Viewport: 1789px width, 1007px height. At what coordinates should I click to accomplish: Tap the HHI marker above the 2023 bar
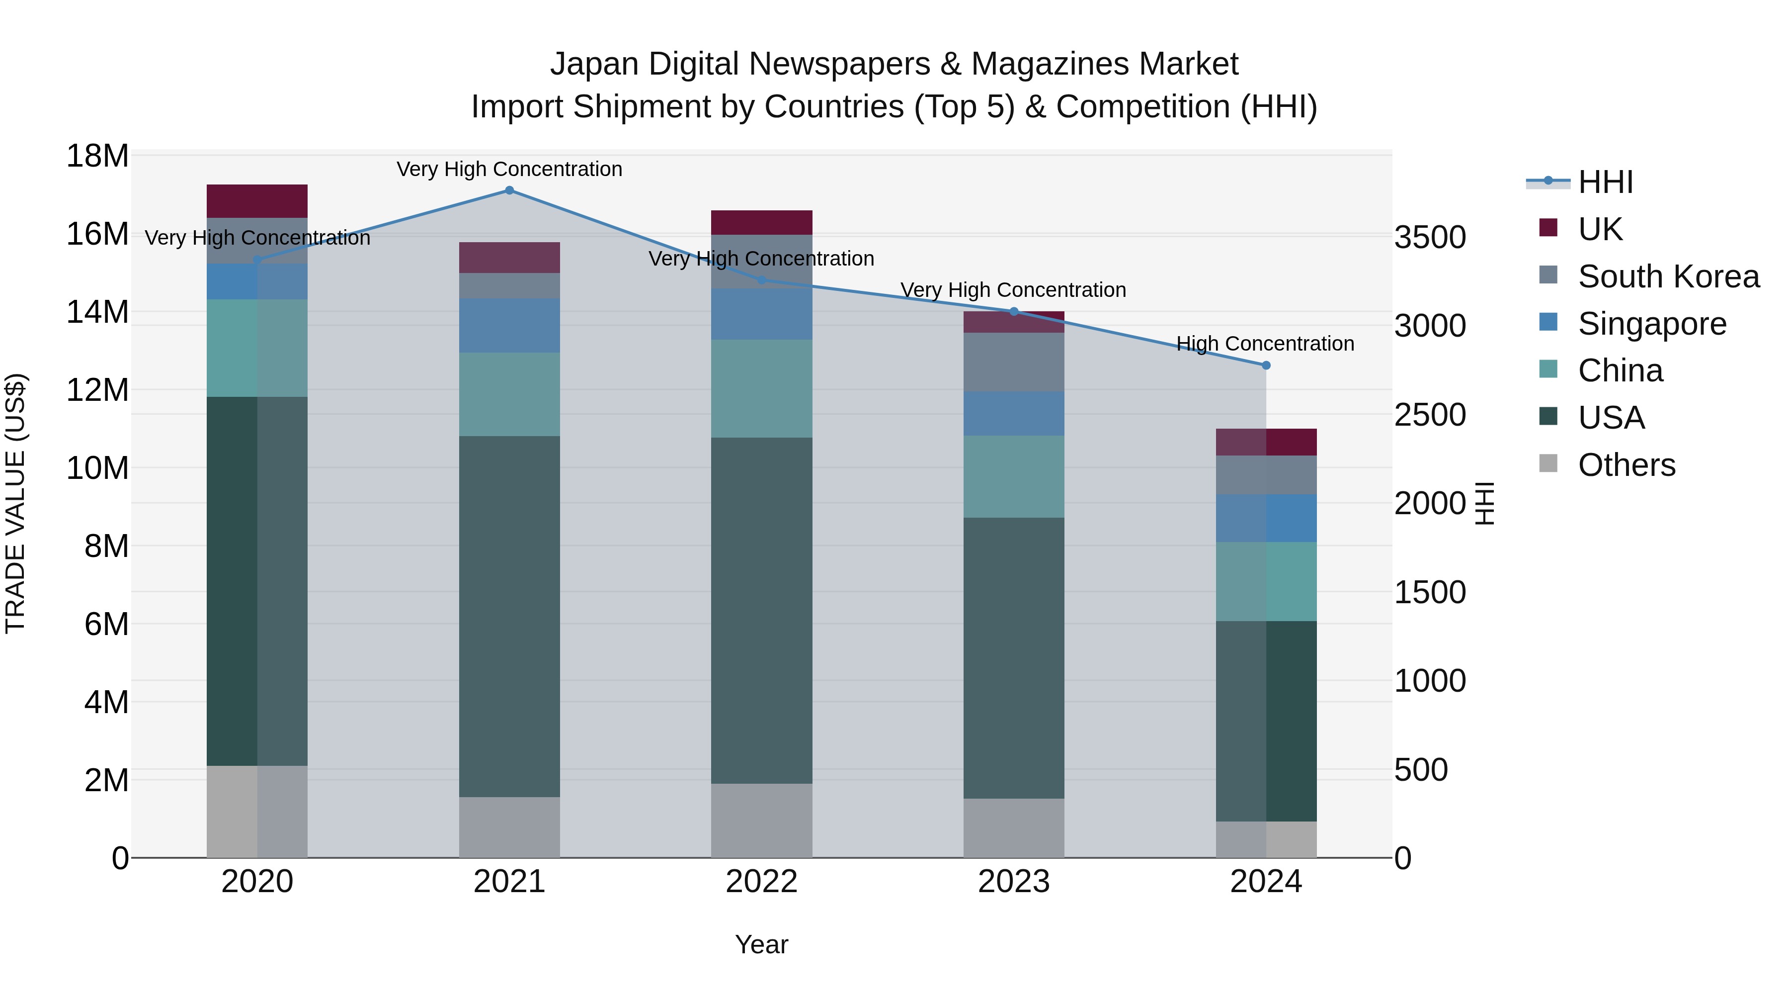pos(1013,311)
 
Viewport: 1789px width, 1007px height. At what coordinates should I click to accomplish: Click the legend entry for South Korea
pos(1668,276)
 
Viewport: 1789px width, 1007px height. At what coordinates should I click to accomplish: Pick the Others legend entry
pos(1626,465)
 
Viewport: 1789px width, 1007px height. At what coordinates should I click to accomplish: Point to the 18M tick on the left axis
pos(97,156)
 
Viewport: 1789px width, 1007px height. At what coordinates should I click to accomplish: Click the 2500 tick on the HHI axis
pos(1430,415)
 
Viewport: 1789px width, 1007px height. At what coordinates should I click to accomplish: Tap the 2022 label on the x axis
pos(761,882)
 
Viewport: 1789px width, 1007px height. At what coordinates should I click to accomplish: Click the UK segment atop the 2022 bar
pos(761,222)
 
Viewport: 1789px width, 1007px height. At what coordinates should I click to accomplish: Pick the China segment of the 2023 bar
pos(1013,477)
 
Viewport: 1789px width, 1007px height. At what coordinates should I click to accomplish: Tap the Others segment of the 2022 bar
pos(761,820)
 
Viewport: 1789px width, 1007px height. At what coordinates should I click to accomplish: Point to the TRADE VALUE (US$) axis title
pos(15,503)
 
